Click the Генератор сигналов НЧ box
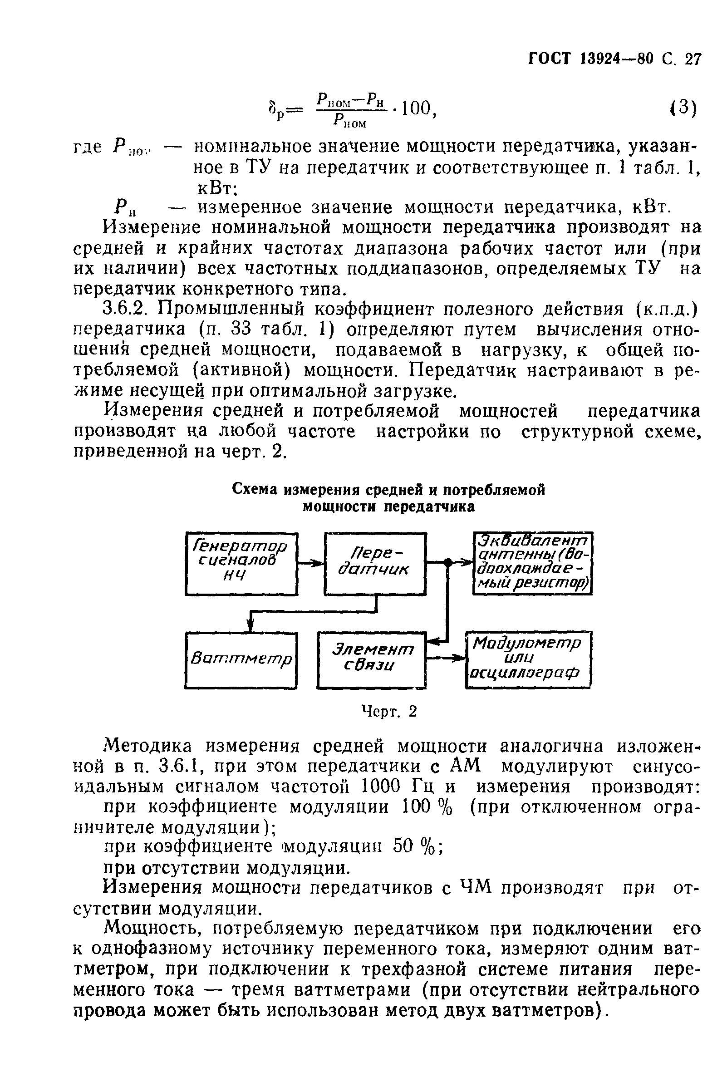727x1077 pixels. point(241,563)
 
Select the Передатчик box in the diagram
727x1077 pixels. point(375,563)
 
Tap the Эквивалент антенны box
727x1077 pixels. point(532,563)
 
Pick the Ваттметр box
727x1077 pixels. point(241,660)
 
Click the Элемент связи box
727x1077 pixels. point(372,660)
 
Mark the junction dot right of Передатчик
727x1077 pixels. point(447,562)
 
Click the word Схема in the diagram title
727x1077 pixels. point(255,489)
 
